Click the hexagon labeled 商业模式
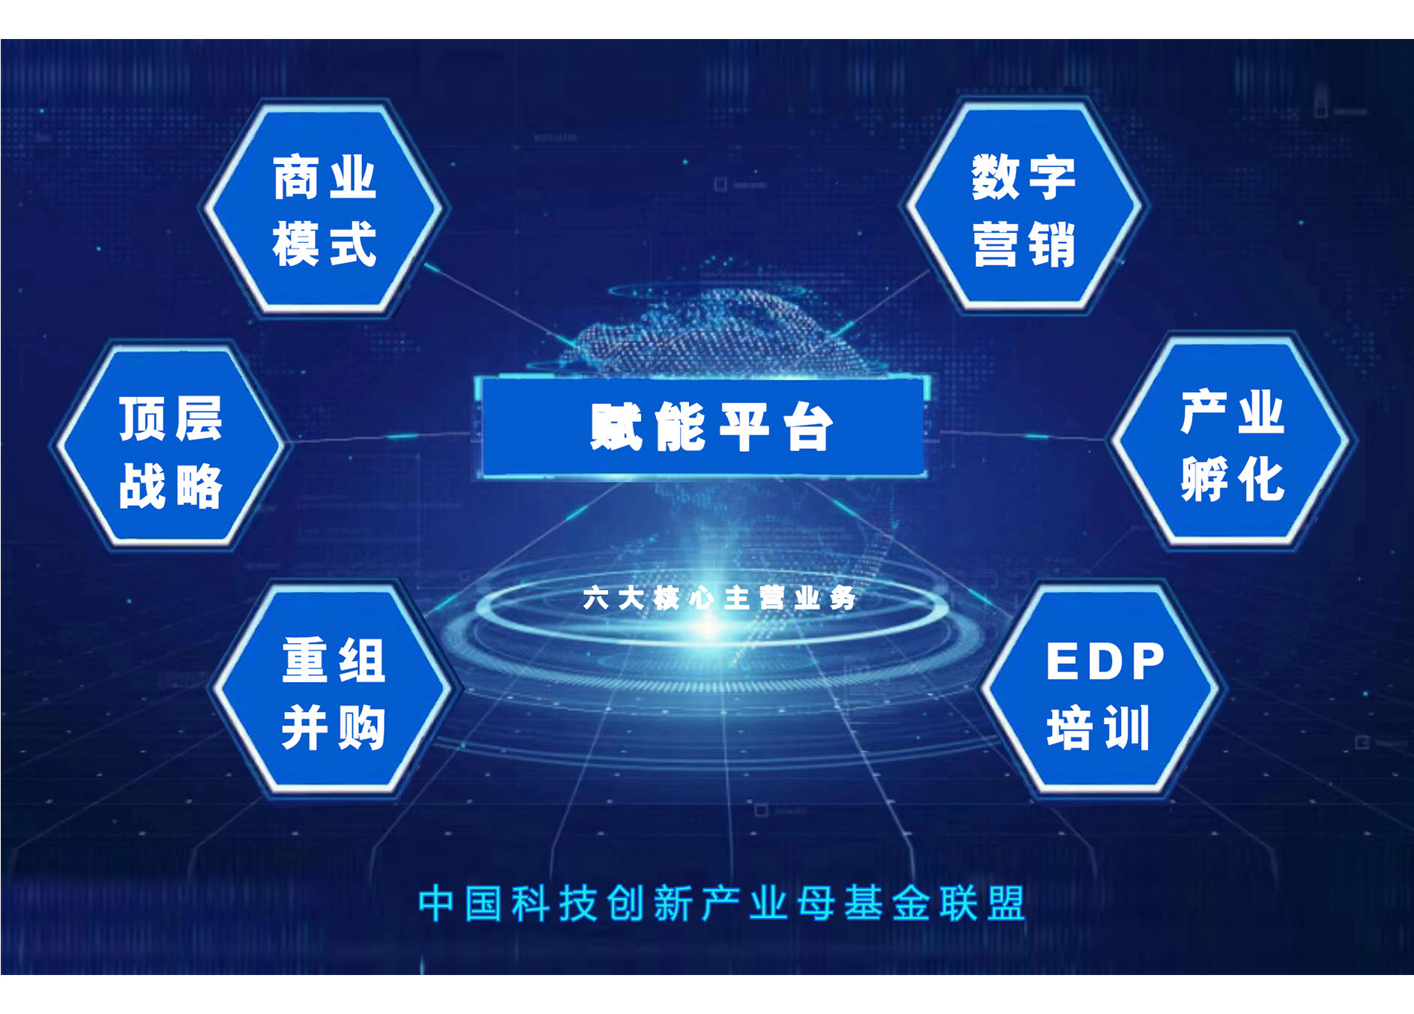tap(323, 208)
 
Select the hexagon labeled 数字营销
tap(1023, 206)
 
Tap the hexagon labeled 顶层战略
tap(171, 445)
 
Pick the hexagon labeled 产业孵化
tap(1232, 441)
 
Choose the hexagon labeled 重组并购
tap(333, 689)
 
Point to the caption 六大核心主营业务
tap(719, 598)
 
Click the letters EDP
tap(1105, 661)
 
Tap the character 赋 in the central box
tap(616, 427)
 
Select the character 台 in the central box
tap(807, 427)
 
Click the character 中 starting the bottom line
tap(436, 903)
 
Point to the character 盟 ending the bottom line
tap(1006, 903)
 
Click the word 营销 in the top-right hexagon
tap(1024, 244)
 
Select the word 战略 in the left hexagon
tap(171, 486)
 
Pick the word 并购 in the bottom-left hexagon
tap(334, 727)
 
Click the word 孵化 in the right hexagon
tap(1233, 479)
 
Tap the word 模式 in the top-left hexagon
tap(324, 244)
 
